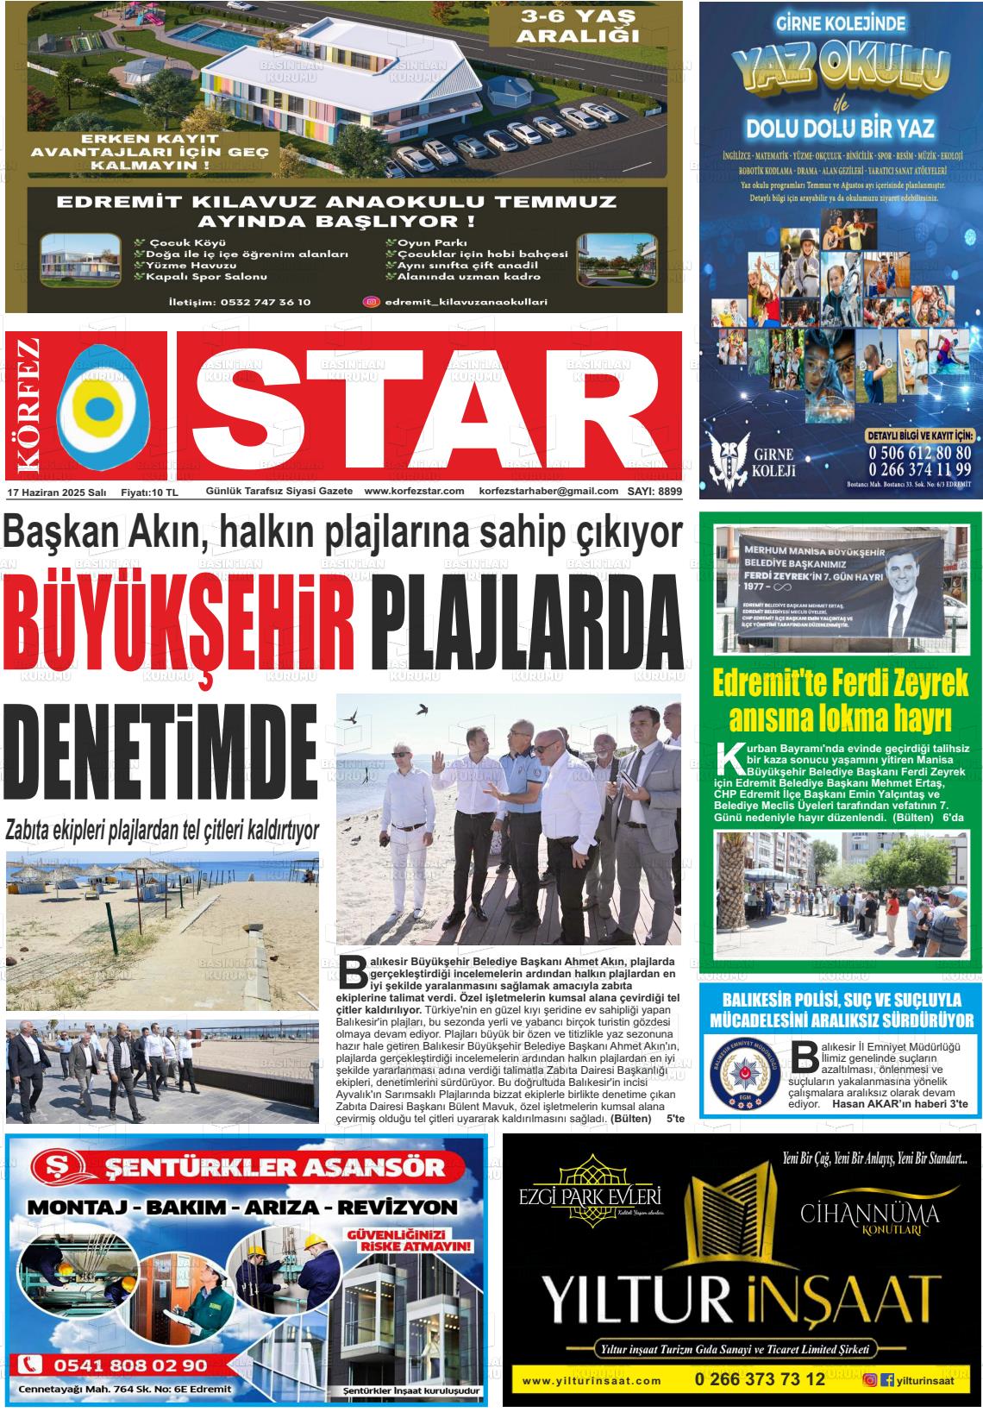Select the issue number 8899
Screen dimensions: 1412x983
[x=665, y=492]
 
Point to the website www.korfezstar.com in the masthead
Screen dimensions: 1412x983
[x=414, y=492]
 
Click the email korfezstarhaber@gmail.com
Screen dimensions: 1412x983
[x=548, y=492]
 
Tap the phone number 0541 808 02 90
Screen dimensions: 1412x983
[x=129, y=1365]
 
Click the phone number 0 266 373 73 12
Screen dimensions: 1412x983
[x=760, y=1379]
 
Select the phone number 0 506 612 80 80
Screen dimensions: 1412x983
[x=919, y=452]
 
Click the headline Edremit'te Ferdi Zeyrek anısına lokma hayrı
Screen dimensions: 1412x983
[x=840, y=701]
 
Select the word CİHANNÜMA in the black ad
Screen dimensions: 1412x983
[x=869, y=1214]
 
